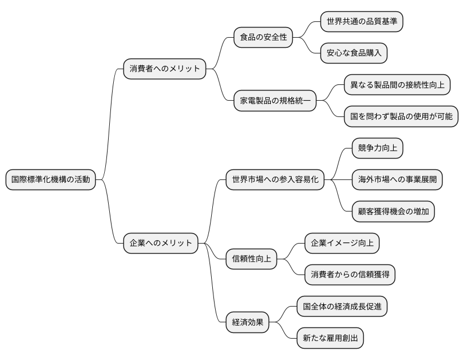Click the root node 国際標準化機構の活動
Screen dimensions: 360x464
50,180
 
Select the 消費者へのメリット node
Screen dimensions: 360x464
164,69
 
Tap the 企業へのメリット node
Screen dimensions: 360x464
160,243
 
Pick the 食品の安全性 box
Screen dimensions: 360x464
264,38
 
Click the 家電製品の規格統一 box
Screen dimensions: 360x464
275,101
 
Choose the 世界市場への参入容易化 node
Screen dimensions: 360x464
275,180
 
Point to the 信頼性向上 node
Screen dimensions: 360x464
251,259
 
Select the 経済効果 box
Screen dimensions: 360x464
247,323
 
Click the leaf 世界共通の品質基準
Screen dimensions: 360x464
362,22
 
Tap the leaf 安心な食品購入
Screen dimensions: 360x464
354,53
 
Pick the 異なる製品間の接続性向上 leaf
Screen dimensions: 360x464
397,85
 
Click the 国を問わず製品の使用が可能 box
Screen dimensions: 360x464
401,117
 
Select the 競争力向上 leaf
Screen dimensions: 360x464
377,148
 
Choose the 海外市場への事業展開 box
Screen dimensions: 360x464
396,180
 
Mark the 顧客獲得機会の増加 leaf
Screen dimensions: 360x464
392,211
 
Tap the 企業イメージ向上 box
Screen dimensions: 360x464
342,244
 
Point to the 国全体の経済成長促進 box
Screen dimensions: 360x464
342,307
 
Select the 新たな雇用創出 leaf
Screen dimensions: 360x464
330,339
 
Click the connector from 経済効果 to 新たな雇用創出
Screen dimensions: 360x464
284,332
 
